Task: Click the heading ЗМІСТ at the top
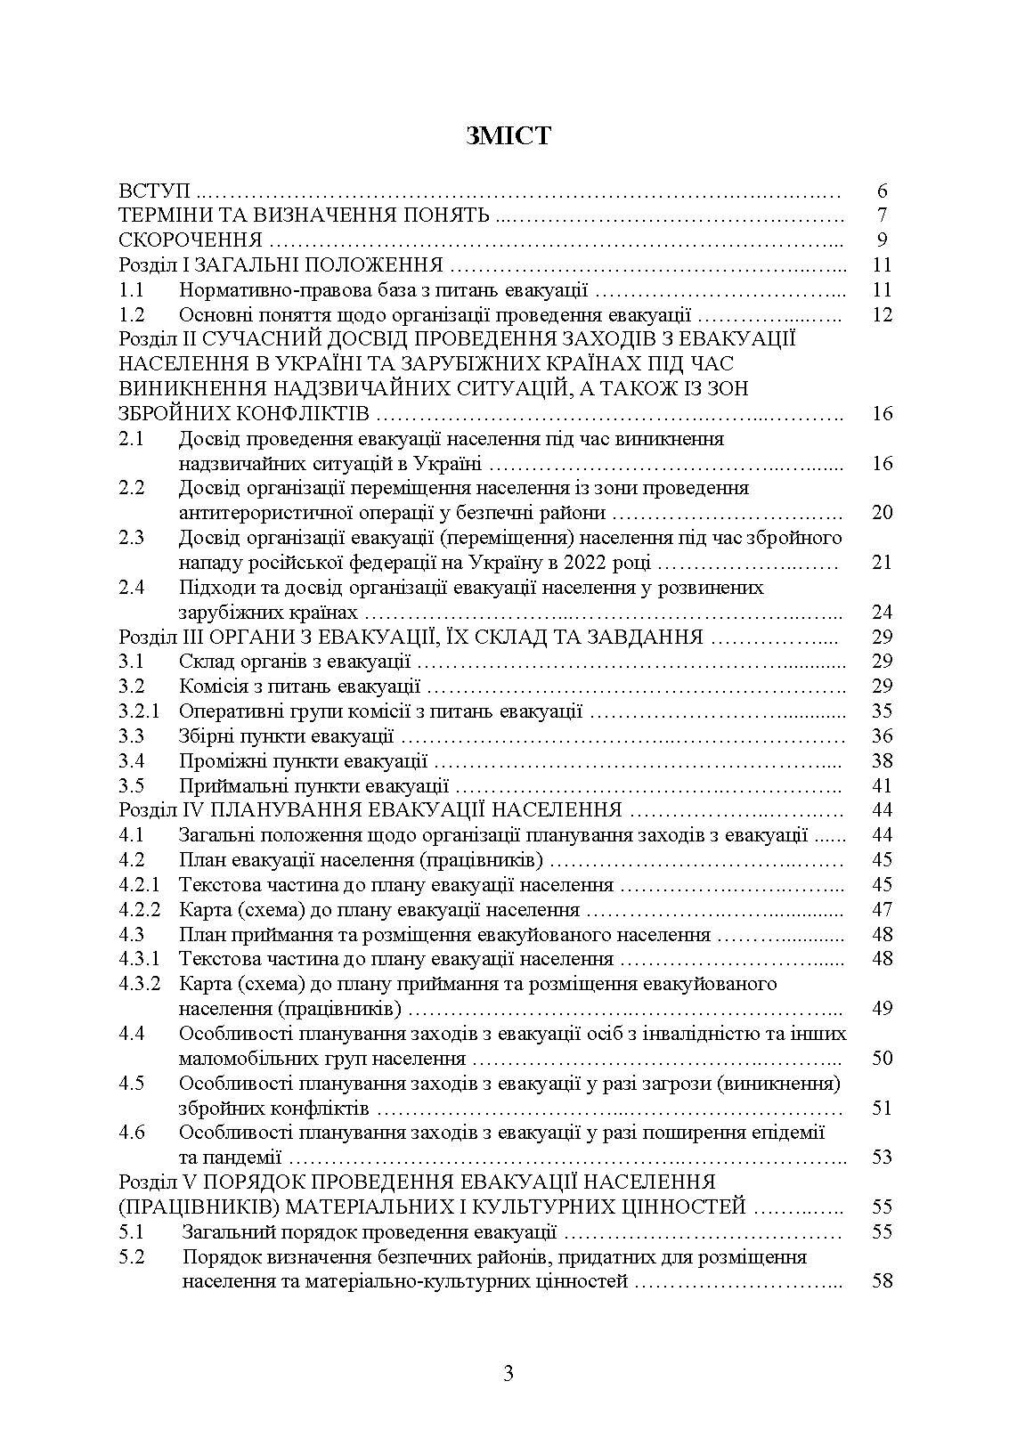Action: [x=508, y=136]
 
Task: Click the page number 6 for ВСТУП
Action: [x=882, y=191]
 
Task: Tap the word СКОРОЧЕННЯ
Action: [x=191, y=240]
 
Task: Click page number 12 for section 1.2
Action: [x=882, y=314]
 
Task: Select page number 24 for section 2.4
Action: [x=882, y=613]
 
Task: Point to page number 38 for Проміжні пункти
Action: [x=882, y=761]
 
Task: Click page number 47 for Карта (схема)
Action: [x=882, y=910]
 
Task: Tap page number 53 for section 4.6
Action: [x=882, y=1158]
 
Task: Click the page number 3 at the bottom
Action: [x=508, y=1373]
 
